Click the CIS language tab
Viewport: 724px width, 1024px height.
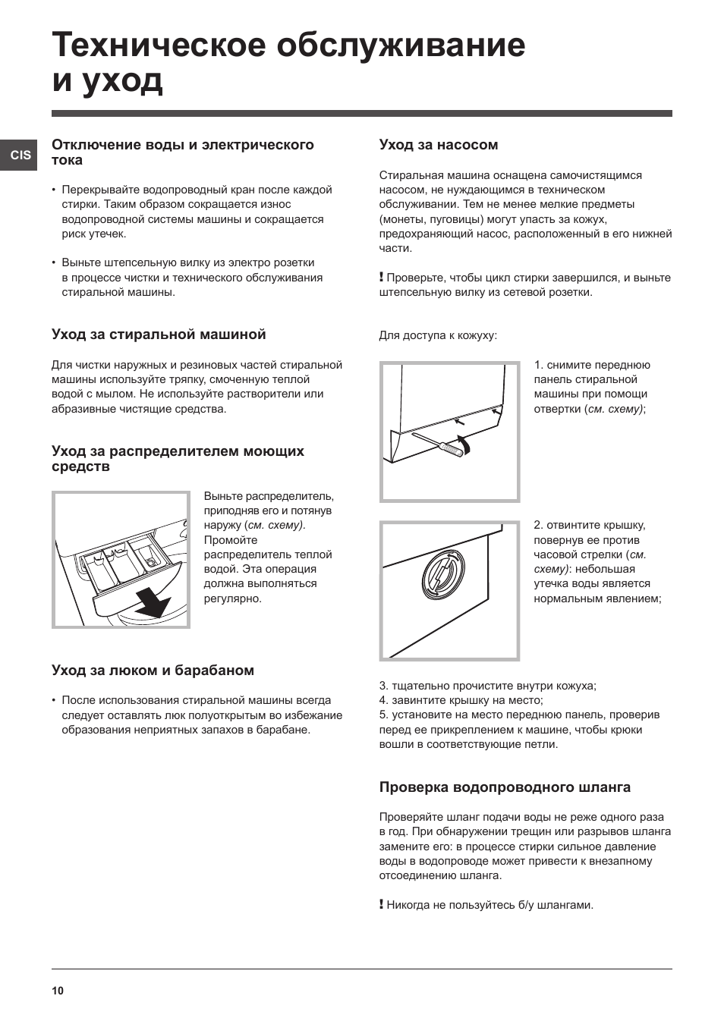20,155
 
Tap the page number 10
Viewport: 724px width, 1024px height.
58,991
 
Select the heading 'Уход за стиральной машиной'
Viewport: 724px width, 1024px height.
159,335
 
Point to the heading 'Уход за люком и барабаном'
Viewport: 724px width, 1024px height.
153,671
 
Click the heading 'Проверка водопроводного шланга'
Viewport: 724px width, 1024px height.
505,787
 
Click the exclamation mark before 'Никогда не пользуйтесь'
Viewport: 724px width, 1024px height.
382,904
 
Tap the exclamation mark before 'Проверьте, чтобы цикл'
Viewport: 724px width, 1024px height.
382,278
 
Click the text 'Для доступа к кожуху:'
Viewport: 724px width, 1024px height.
438,335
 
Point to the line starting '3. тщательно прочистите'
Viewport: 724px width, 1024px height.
487,686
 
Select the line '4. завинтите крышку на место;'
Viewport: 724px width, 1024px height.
461,700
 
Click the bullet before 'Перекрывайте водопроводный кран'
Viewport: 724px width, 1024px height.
54,190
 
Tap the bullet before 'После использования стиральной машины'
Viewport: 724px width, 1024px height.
54,701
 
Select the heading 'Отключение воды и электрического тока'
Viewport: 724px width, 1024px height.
182,152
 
